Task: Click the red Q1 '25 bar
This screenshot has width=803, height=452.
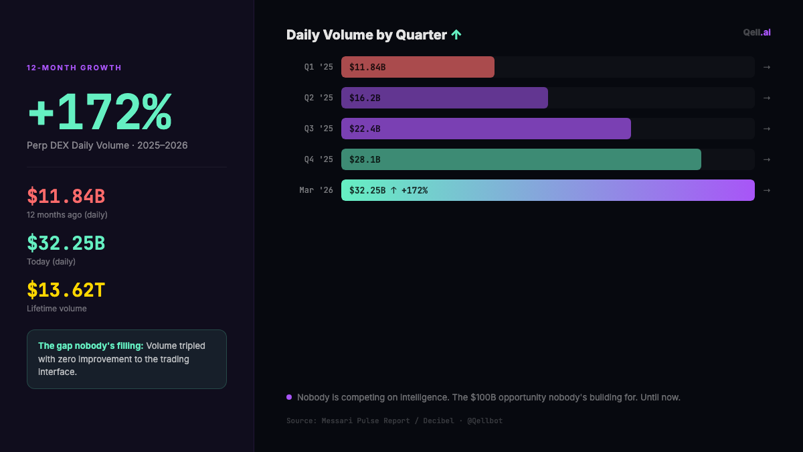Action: point(418,67)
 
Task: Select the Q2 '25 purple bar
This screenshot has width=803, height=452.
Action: point(444,98)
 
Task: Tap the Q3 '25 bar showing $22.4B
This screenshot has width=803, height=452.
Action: point(486,129)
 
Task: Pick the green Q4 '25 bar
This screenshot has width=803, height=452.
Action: point(521,159)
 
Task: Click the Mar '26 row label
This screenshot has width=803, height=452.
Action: point(316,190)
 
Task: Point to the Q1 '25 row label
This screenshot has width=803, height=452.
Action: point(319,67)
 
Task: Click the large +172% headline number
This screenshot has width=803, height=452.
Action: point(100,112)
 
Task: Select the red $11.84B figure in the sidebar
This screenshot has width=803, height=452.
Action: point(66,196)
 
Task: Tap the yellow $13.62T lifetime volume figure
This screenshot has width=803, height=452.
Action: point(66,290)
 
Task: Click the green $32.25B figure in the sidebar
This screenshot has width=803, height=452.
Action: point(66,243)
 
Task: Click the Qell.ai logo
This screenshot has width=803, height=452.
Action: point(757,32)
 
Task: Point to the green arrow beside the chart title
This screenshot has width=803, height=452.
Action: point(456,35)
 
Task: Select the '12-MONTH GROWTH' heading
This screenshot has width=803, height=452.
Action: point(74,68)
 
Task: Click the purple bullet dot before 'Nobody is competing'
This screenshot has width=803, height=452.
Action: point(289,397)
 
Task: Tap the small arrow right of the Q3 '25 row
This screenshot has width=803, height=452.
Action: point(767,129)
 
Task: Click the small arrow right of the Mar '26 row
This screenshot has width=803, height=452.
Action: point(767,190)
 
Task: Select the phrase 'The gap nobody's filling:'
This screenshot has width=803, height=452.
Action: point(91,346)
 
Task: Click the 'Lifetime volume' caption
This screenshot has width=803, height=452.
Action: point(57,309)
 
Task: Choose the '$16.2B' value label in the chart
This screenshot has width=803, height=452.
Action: point(365,98)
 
